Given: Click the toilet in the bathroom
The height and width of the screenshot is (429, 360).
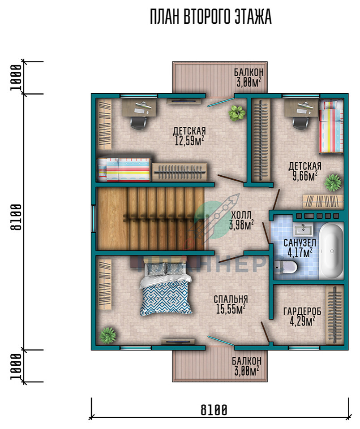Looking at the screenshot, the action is (x=285, y=267).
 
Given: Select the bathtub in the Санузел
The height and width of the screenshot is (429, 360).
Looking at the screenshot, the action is (x=332, y=251).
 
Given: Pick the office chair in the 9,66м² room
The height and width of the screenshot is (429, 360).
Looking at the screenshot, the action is (x=301, y=122).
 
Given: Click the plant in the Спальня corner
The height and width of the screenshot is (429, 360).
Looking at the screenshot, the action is (x=108, y=335).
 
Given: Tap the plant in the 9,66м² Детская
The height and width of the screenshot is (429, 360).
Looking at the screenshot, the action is (x=333, y=182).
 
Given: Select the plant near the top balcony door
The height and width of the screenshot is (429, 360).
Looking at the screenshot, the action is (x=237, y=113).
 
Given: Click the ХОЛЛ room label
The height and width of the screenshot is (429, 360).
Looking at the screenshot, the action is (x=241, y=215).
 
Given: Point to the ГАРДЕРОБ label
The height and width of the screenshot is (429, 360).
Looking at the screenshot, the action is (x=302, y=312).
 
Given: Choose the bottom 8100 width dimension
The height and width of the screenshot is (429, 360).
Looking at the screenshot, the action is (x=214, y=410).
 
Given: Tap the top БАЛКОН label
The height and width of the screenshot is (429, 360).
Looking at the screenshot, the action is (x=249, y=72).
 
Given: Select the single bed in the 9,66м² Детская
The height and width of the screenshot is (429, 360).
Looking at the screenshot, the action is (x=331, y=126).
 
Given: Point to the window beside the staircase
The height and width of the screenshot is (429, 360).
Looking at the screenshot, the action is (x=94, y=219).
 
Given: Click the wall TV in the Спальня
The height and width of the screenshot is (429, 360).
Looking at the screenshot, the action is (x=178, y=342).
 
